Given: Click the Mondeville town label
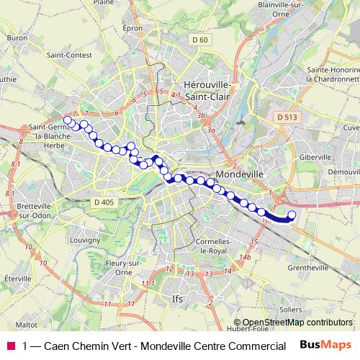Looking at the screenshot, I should [238, 174].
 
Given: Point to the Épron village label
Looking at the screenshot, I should [133, 28].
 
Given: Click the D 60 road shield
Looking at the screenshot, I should [199, 39].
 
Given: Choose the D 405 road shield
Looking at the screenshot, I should [104, 202].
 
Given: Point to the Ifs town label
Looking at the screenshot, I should [178, 297].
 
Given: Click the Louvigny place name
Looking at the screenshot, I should [80, 239].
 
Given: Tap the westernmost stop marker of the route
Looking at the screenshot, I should [68, 120].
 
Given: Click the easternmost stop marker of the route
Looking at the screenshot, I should [292, 215].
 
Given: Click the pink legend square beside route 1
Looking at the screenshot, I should [11, 346].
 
